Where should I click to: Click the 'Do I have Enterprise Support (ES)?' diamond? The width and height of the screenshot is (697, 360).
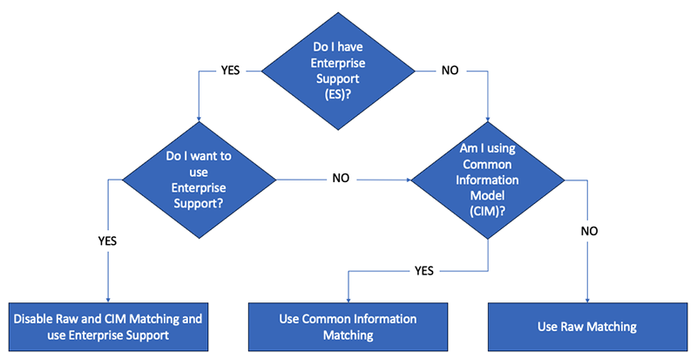point(338,71)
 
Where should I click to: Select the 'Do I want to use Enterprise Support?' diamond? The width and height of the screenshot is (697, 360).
point(199,180)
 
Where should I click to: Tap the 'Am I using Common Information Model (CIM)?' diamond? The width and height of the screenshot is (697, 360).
point(488,180)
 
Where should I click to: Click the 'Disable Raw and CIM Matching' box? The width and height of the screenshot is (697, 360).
point(108,327)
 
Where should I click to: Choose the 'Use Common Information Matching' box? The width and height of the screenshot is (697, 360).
point(348,327)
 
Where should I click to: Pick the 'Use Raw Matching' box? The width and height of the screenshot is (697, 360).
point(587,327)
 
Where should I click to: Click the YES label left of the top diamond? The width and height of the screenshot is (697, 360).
point(230,71)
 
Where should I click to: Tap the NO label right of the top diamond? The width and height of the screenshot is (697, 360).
point(450,71)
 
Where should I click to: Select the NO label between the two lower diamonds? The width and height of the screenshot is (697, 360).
point(341,178)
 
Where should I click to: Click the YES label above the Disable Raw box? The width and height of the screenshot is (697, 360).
point(107,241)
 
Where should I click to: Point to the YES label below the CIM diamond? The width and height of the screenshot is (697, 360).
point(424,270)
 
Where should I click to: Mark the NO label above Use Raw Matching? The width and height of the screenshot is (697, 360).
point(589,231)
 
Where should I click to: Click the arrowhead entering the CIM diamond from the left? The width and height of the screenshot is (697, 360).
point(408,180)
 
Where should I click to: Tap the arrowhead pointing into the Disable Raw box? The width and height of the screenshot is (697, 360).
point(108,300)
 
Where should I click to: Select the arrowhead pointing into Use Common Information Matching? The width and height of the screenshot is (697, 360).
point(348,300)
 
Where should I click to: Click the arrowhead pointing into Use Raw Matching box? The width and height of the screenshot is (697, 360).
point(587,300)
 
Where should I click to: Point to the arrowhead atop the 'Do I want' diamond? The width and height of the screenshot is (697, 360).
point(199,119)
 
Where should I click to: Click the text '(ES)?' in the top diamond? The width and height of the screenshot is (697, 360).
point(338,94)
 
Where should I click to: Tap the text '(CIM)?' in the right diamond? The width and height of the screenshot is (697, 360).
point(488,211)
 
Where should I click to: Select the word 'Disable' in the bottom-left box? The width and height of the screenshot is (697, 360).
point(34,319)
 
